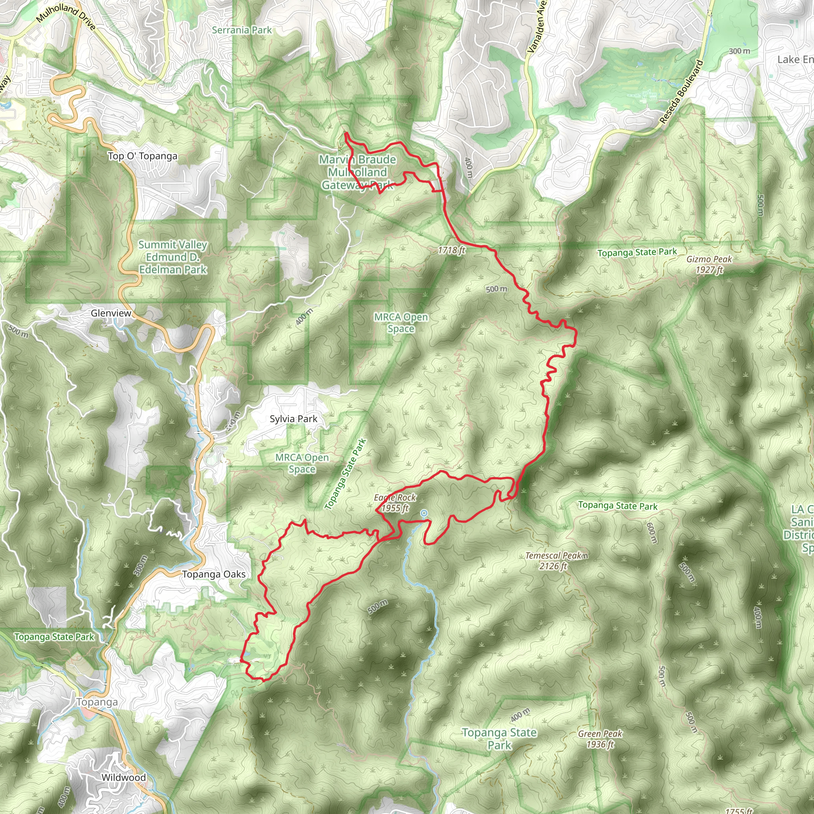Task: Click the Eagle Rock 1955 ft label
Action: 395,503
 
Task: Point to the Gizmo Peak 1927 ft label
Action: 709,264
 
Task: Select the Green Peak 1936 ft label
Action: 600,739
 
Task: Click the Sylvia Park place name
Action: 293,419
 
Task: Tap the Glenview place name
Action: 111,313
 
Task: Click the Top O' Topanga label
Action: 142,156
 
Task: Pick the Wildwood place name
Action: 124,777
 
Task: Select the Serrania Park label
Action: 242,30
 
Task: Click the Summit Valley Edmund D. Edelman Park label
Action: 173,257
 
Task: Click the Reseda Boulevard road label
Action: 681,92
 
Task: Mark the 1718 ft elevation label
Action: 451,250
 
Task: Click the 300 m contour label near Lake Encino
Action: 739,51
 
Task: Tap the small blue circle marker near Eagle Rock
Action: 424,513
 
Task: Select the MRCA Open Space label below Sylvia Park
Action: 302,463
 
